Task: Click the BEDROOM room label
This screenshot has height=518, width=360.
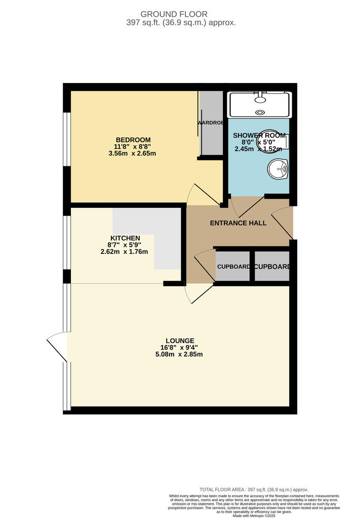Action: (133, 140)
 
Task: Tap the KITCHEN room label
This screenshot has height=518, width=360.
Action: (125, 238)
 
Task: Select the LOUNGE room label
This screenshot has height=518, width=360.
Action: (180, 340)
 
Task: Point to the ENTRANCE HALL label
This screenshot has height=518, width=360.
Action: (238, 223)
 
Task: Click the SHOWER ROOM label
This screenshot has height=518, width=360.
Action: (259, 136)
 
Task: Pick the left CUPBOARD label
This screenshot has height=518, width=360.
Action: (233, 267)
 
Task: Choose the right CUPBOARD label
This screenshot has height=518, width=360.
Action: (272, 267)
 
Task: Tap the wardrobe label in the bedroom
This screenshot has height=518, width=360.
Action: (210, 122)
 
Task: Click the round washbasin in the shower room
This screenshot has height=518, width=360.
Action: (277, 168)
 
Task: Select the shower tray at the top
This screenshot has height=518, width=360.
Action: (260, 105)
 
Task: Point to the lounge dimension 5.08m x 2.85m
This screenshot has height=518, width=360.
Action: (180, 354)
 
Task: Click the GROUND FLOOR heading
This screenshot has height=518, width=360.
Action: (181, 14)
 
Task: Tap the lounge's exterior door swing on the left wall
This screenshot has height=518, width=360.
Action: (58, 345)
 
